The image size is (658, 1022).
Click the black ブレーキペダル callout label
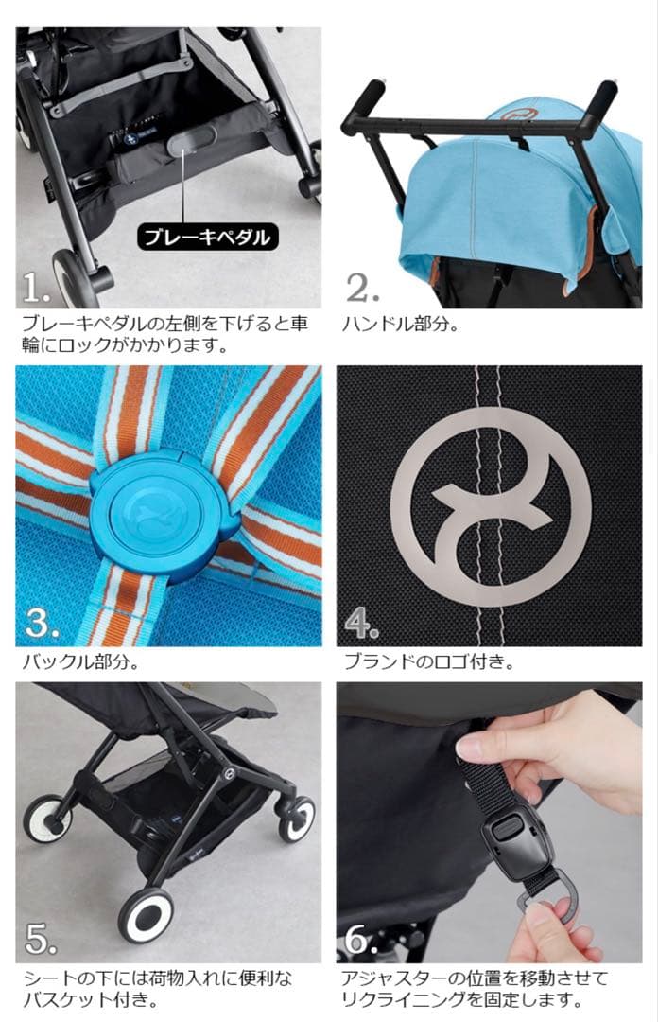point(208,236)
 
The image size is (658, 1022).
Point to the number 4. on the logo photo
point(362,622)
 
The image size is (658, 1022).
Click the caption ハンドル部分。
point(400,325)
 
